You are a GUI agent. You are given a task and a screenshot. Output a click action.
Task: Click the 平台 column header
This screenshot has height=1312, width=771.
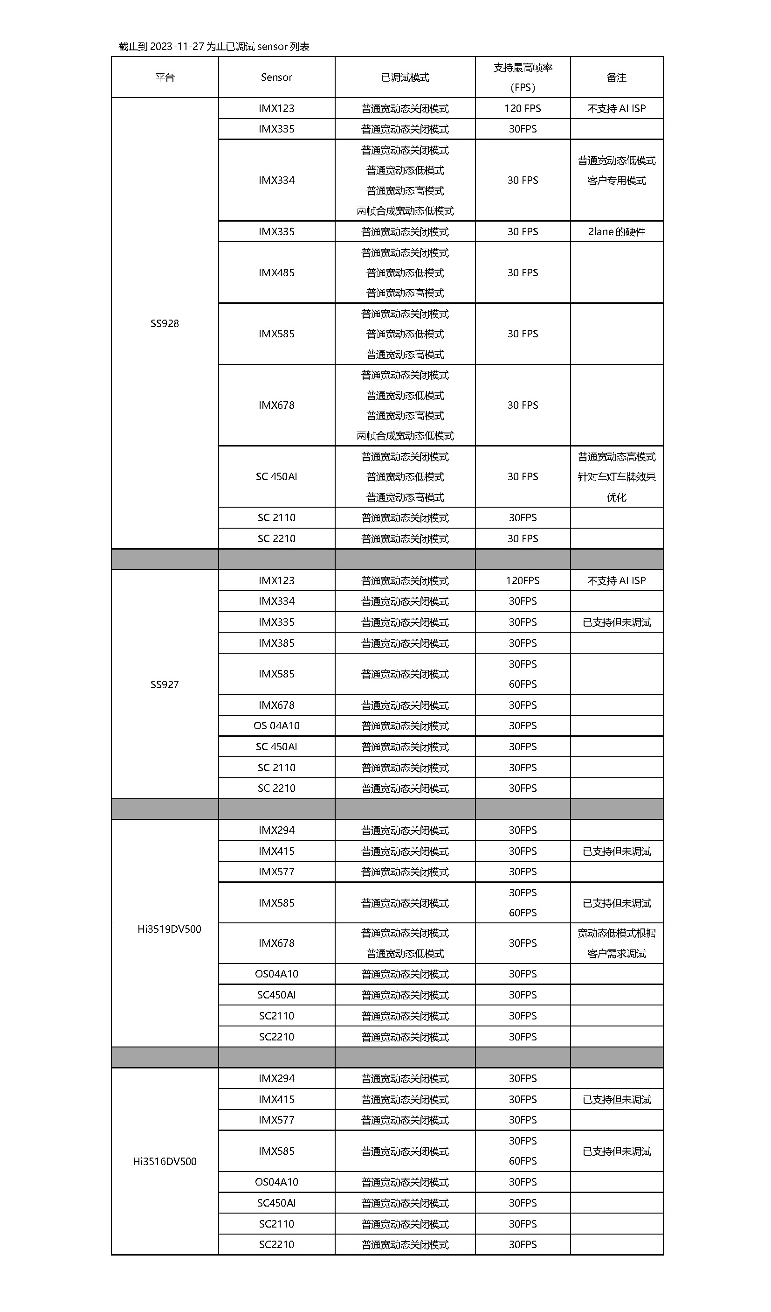[165, 77]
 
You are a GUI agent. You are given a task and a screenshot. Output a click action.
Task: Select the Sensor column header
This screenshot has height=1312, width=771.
[276, 77]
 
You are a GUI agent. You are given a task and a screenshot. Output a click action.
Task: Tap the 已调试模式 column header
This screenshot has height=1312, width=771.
[405, 77]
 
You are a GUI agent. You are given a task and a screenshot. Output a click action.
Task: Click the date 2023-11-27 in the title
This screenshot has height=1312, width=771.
[176, 47]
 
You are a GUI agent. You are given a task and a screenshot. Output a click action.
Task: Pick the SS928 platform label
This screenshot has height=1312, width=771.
[165, 323]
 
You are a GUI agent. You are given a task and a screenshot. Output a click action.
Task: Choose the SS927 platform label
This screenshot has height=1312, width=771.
[165, 684]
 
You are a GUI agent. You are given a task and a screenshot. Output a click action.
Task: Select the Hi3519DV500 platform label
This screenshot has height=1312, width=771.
[169, 929]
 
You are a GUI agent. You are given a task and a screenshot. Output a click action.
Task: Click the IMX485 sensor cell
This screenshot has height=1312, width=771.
[276, 273]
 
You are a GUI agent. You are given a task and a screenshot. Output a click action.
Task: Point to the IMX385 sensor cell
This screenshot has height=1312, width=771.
[276, 643]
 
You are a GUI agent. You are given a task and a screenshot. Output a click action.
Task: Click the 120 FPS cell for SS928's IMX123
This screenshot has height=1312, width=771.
[523, 108]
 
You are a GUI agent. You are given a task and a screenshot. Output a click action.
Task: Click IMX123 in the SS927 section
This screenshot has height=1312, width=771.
[276, 580]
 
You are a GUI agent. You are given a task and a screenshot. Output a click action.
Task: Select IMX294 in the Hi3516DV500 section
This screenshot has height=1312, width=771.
[276, 1078]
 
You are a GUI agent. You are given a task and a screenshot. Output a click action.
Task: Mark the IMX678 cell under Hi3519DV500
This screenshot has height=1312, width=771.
[276, 943]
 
